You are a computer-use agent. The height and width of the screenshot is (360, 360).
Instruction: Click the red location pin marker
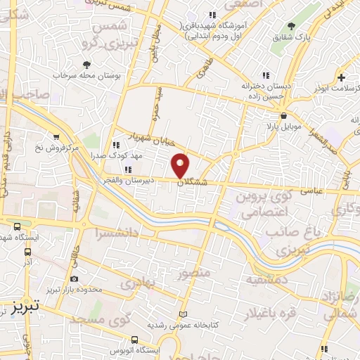181,165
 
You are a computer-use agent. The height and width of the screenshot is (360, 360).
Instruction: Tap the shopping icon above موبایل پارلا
283,115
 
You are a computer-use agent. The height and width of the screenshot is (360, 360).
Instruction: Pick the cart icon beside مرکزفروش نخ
56,137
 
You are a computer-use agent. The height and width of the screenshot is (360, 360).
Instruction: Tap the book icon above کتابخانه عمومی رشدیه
184,314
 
